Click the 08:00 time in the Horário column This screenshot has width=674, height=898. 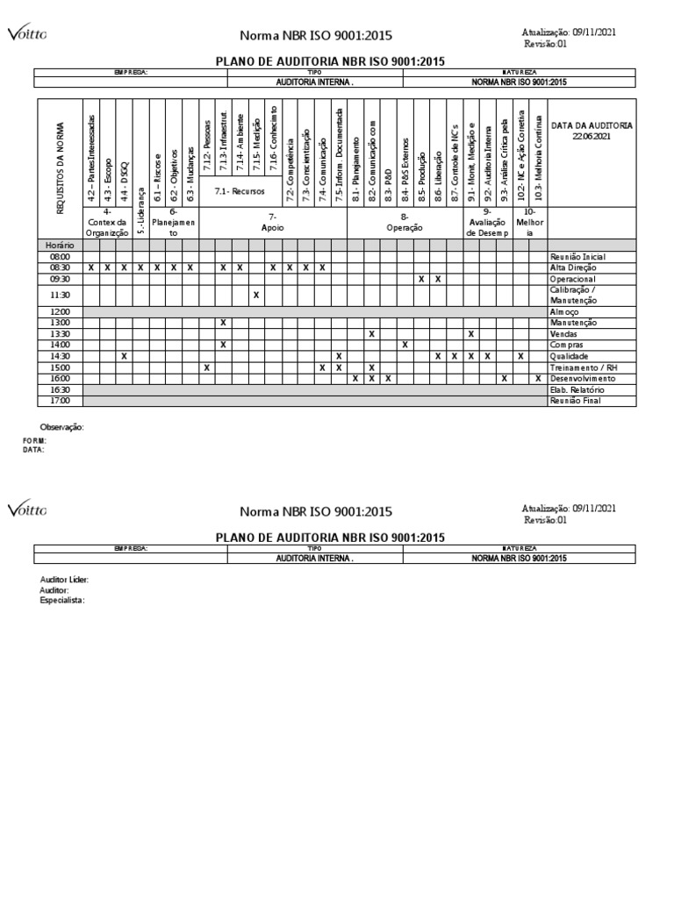point(60,256)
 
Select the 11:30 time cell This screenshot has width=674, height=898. point(60,295)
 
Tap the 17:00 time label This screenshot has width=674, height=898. point(60,401)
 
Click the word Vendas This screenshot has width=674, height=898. point(565,334)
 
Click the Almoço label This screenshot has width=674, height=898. point(565,311)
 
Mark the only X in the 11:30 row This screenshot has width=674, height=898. point(255,295)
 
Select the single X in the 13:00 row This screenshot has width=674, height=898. point(223,323)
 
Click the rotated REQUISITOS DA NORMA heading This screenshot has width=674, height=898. point(61,167)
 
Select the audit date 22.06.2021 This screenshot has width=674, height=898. point(591,137)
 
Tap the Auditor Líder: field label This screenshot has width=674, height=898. point(64,581)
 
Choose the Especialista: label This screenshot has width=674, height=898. point(63,601)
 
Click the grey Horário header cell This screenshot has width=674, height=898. point(60,246)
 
